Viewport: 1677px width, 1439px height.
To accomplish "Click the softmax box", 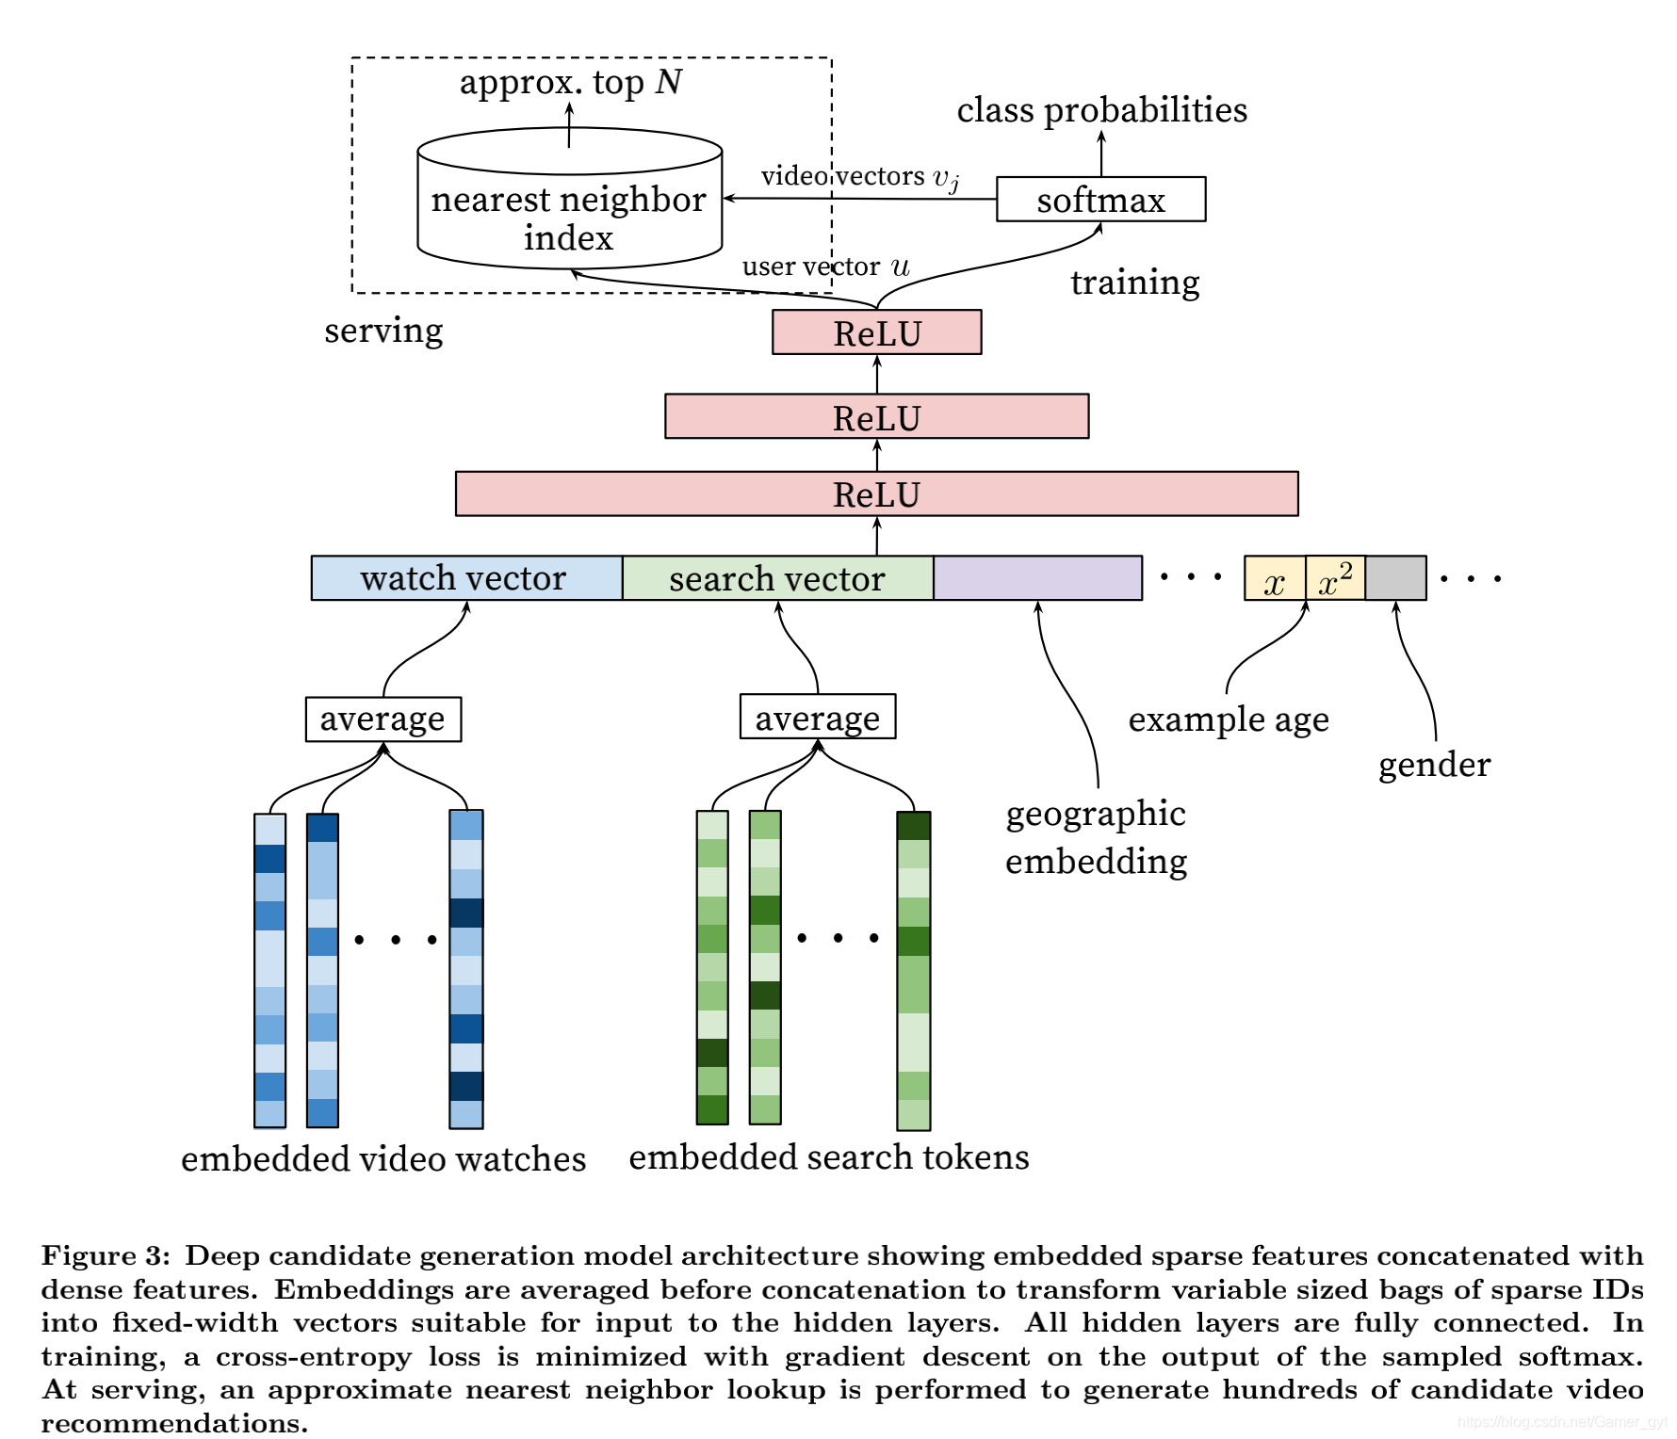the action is [1100, 199].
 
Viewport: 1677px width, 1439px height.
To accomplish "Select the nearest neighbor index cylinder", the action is [569, 198].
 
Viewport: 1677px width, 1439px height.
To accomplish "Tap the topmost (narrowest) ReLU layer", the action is [876, 332].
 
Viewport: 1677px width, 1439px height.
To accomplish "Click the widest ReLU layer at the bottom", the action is [876, 493].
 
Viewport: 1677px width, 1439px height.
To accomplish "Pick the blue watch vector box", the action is [466, 578].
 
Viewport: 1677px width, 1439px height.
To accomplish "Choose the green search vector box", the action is [777, 578].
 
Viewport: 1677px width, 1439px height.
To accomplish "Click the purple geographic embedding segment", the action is [1037, 578].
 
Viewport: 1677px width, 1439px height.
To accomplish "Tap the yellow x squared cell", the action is [1335, 578].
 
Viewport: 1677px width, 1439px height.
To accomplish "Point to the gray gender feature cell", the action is [1395, 578].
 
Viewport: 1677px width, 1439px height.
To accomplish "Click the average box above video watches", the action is [383, 719].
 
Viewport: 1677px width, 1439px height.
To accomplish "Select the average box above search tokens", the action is [818, 717].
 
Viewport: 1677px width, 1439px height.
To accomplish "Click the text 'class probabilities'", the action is [1102, 110].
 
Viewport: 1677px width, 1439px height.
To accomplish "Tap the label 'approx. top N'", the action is [571, 83].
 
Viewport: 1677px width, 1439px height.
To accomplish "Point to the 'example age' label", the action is [1229, 719].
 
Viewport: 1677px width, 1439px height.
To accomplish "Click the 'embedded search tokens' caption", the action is [829, 1156].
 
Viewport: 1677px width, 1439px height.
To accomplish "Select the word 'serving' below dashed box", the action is [383, 331].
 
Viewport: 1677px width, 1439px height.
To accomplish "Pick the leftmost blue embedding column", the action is [269, 971].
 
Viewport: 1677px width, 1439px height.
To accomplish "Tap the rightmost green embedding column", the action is [914, 971].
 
